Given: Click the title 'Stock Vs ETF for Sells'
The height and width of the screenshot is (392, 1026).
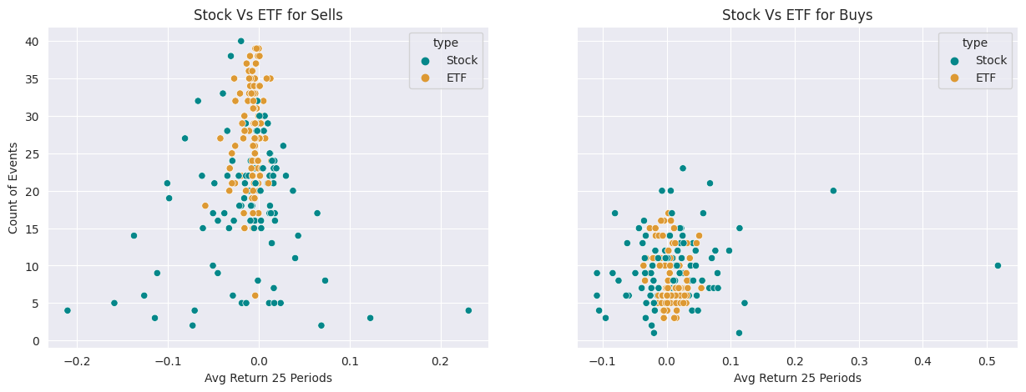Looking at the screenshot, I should click(x=268, y=14).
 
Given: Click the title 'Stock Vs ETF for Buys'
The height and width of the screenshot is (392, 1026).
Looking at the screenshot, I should click(x=797, y=14).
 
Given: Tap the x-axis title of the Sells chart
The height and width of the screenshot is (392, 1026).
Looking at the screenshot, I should click(x=268, y=378).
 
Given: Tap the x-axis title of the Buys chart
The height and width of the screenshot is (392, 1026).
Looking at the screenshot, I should click(x=797, y=378).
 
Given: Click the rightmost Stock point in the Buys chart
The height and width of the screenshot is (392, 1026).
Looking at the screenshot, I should click(x=998, y=265).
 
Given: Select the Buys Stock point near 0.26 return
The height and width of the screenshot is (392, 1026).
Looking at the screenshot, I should click(x=833, y=191).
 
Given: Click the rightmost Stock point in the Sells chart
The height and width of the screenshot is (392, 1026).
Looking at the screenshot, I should click(x=468, y=310).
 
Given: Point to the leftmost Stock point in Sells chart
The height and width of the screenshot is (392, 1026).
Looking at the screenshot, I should click(x=68, y=310).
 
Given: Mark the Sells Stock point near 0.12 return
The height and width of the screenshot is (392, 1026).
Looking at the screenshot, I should click(x=370, y=318).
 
